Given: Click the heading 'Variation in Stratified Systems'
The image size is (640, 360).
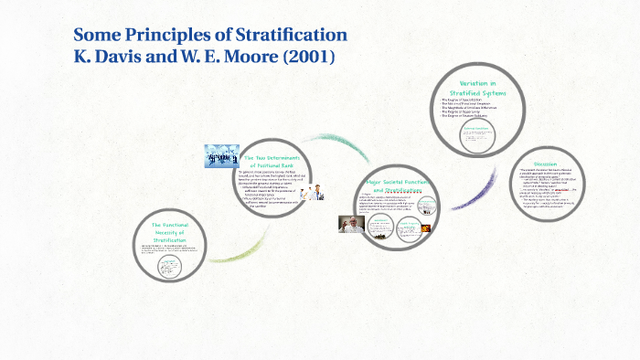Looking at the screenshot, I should click(485, 88).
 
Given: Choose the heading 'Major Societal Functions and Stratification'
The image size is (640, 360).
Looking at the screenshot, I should click(398, 185).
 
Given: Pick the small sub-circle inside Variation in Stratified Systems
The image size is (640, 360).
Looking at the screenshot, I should click(478, 136).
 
